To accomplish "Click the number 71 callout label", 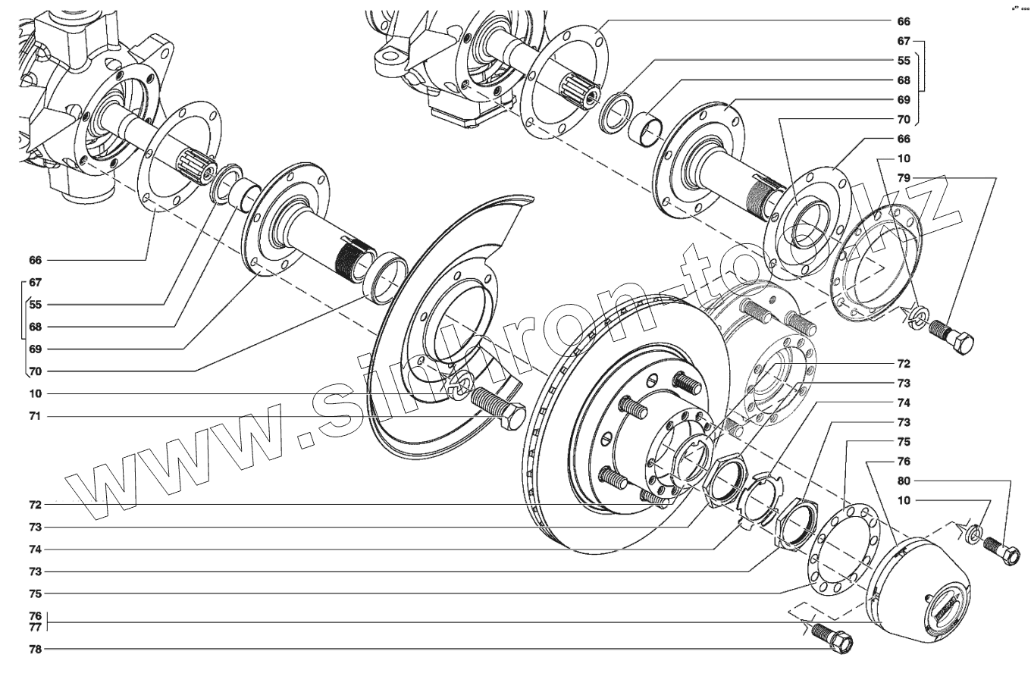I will (35, 416).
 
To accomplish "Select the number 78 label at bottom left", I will (35, 649).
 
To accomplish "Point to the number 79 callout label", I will (904, 178).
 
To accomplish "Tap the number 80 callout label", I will (904, 481).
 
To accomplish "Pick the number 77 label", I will (35, 627).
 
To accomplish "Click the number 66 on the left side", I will (35, 260).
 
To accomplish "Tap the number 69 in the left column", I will (35, 349).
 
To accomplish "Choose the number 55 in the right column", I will (904, 60).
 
